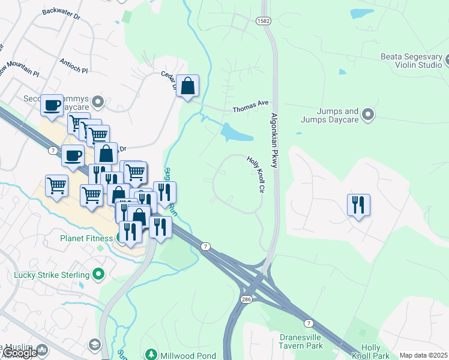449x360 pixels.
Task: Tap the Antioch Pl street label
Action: pos(74,65)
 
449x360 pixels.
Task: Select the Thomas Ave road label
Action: pos(250,107)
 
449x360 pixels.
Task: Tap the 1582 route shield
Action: pos(264,20)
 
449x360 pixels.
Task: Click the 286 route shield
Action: pos(246,298)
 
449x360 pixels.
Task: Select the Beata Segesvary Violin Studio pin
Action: pos(448,61)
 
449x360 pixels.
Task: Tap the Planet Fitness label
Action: pos(86,238)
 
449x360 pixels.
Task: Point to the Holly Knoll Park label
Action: pos(371,352)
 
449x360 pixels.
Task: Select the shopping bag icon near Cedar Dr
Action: pos(188,86)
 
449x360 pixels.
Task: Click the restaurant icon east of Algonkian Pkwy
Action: pos(358,205)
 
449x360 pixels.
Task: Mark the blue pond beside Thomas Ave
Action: pos(237,132)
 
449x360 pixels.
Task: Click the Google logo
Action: pos(19,353)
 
